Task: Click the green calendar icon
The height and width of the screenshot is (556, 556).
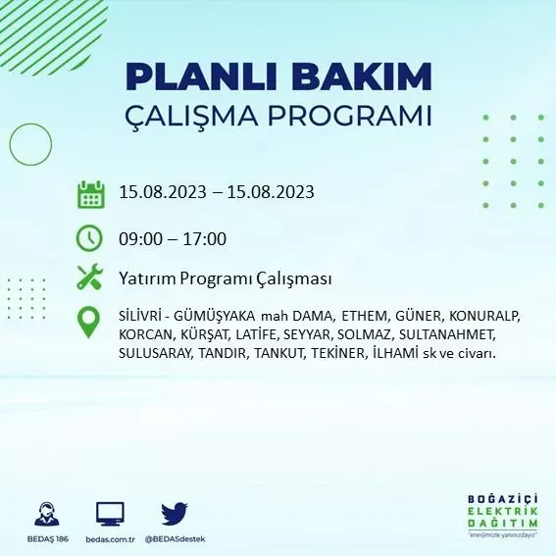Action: (x=90, y=194)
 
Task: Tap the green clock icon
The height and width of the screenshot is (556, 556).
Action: (x=89, y=237)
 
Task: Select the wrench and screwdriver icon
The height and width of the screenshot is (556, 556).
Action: (x=89, y=278)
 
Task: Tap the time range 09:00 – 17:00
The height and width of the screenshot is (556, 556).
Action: (x=173, y=238)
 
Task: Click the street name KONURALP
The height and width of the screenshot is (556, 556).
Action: (x=484, y=317)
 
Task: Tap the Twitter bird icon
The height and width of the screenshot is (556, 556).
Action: (x=174, y=513)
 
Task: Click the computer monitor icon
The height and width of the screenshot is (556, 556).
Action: (x=110, y=514)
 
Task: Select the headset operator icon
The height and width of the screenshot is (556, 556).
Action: (x=45, y=514)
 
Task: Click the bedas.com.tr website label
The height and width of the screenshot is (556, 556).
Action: (x=109, y=539)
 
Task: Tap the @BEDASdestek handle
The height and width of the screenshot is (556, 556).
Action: (x=175, y=539)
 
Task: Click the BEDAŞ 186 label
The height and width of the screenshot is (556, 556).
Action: (x=45, y=539)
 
